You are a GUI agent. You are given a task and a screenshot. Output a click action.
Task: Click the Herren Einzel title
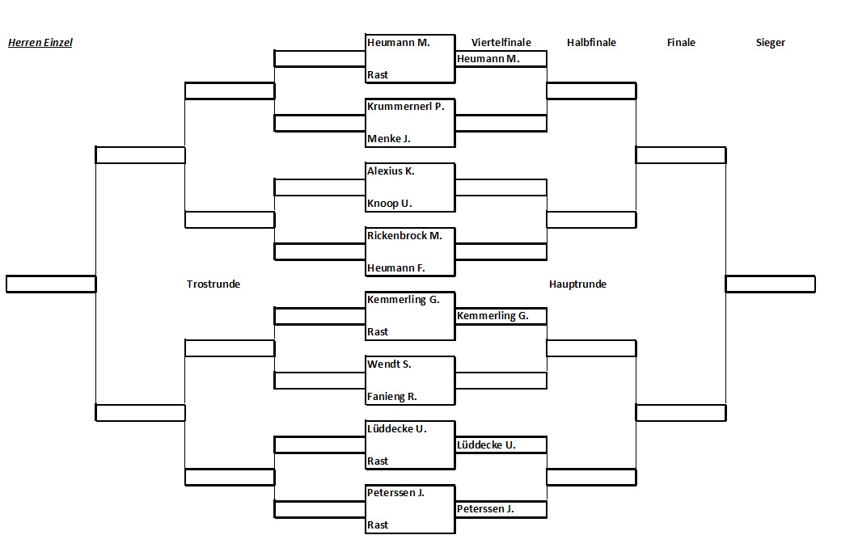[x=40, y=43]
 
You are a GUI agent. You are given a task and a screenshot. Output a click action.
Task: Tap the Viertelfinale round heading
[x=501, y=43]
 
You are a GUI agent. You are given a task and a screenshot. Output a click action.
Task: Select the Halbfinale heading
[x=591, y=43]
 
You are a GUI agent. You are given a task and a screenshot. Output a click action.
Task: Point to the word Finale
[x=681, y=43]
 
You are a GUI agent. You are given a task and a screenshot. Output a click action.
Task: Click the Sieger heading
[x=770, y=43]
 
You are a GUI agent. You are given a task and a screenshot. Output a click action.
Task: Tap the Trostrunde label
[x=213, y=284]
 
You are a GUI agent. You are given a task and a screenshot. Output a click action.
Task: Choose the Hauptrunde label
[x=577, y=284]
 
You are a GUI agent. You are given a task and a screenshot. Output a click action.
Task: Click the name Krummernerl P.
[x=406, y=107]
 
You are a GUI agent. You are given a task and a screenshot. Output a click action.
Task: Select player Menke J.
[x=388, y=139]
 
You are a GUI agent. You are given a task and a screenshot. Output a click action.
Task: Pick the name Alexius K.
[x=391, y=171]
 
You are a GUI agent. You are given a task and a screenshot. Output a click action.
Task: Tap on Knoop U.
[x=390, y=204]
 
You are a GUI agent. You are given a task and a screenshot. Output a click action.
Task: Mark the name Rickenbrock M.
[x=404, y=235]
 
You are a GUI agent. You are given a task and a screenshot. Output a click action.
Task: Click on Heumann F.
[x=396, y=268]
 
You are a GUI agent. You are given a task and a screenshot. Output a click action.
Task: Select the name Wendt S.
[x=389, y=364]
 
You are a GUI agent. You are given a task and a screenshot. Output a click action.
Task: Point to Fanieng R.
[x=392, y=397]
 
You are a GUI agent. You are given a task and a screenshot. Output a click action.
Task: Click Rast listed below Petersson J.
[x=378, y=525]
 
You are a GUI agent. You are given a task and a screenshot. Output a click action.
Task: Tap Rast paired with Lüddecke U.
[x=378, y=461]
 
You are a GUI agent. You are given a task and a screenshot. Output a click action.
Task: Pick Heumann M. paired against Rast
[x=399, y=43]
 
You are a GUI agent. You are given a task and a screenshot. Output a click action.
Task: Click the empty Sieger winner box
[x=770, y=284]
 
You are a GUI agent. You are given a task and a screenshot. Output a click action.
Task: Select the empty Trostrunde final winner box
[x=51, y=284]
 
